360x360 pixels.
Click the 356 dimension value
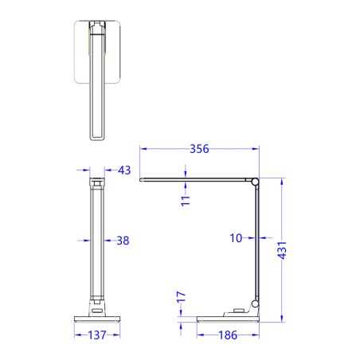(x=199, y=147)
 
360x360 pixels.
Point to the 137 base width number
(x=96, y=335)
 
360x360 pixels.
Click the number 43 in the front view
(x=123, y=170)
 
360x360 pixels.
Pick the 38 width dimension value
(x=122, y=240)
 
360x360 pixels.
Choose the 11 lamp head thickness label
(x=184, y=200)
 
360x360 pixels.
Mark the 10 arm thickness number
(x=237, y=237)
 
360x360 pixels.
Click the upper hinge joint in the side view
(x=255, y=183)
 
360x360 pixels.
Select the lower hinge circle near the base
(x=255, y=303)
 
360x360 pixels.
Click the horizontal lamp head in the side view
(x=195, y=180)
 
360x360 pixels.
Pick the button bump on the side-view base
(x=237, y=311)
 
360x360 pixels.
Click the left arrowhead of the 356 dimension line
(x=143, y=147)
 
